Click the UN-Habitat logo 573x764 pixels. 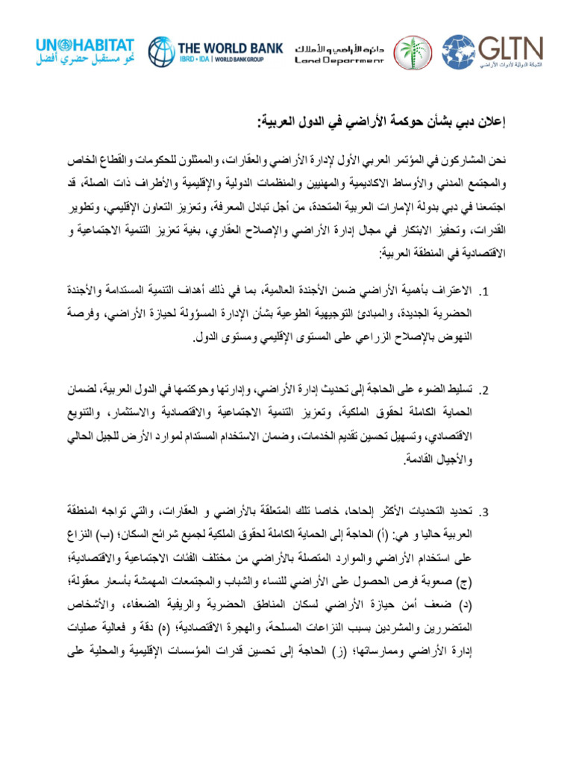tap(85, 52)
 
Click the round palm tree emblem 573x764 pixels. tap(413, 52)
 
